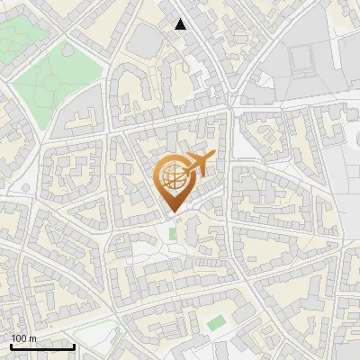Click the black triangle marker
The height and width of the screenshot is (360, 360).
pos(181,24)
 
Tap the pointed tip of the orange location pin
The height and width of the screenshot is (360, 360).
pos(172,212)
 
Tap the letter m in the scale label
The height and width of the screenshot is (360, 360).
pos(33,338)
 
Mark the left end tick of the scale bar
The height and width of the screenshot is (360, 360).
pos(10,346)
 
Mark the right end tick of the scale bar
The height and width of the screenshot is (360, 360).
pos(74,346)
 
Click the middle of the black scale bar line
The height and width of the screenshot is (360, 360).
pos(42,347)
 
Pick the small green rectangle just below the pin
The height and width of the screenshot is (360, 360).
pos(173,234)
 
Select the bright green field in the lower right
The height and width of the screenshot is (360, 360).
pos(215,322)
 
